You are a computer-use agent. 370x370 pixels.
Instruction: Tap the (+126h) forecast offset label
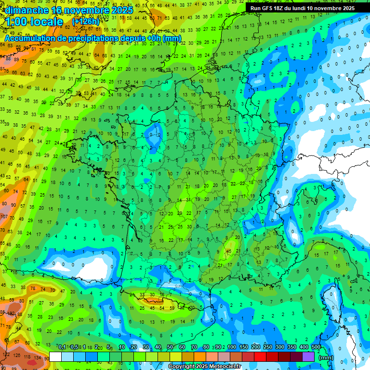(x=86, y=22)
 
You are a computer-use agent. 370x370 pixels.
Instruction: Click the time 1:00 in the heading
(x=18, y=22)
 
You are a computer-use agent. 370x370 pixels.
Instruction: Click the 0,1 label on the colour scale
(x=62, y=347)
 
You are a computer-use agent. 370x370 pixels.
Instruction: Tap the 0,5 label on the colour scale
(x=74, y=347)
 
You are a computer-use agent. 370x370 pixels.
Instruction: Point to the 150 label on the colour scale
(x=244, y=347)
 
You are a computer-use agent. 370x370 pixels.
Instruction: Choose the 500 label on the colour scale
(x=316, y=347)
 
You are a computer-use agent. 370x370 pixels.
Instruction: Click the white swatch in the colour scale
(x=55, y=357)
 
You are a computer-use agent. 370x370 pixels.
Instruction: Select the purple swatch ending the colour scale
(x=308, y=357)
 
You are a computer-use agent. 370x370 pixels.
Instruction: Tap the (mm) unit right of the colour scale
(x=326, y=357)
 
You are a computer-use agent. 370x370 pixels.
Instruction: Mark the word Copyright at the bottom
(x=182, y=366)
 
